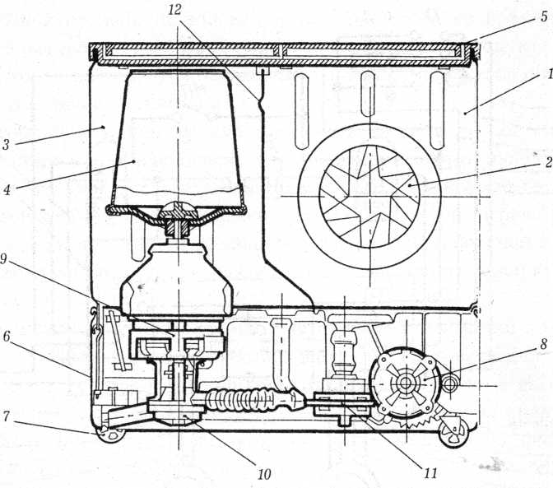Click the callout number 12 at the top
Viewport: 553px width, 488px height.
[x=174, y=10]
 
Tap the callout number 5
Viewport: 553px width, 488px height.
[x=544, y=16]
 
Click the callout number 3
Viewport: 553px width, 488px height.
[x=5, y=145]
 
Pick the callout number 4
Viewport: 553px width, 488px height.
[x=7, y=190]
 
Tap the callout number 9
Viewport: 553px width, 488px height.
[x=3, y=259]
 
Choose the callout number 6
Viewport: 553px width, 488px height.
[x=7, y=337]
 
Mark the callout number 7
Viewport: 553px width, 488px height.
[x=6, y=416]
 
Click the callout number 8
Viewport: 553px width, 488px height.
[x=543, y=345]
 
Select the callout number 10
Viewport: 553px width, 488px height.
[x=264, y=474]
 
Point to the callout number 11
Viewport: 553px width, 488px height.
[x=430, y=473]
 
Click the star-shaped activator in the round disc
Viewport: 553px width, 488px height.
[x=369, y=196]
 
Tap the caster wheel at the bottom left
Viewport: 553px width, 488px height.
[x=112, y=435]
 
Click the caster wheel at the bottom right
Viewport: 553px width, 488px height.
[x=453, y=431]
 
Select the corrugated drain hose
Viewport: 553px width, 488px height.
[x=253, y=400]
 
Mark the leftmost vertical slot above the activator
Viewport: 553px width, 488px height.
[x=302, y=111]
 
